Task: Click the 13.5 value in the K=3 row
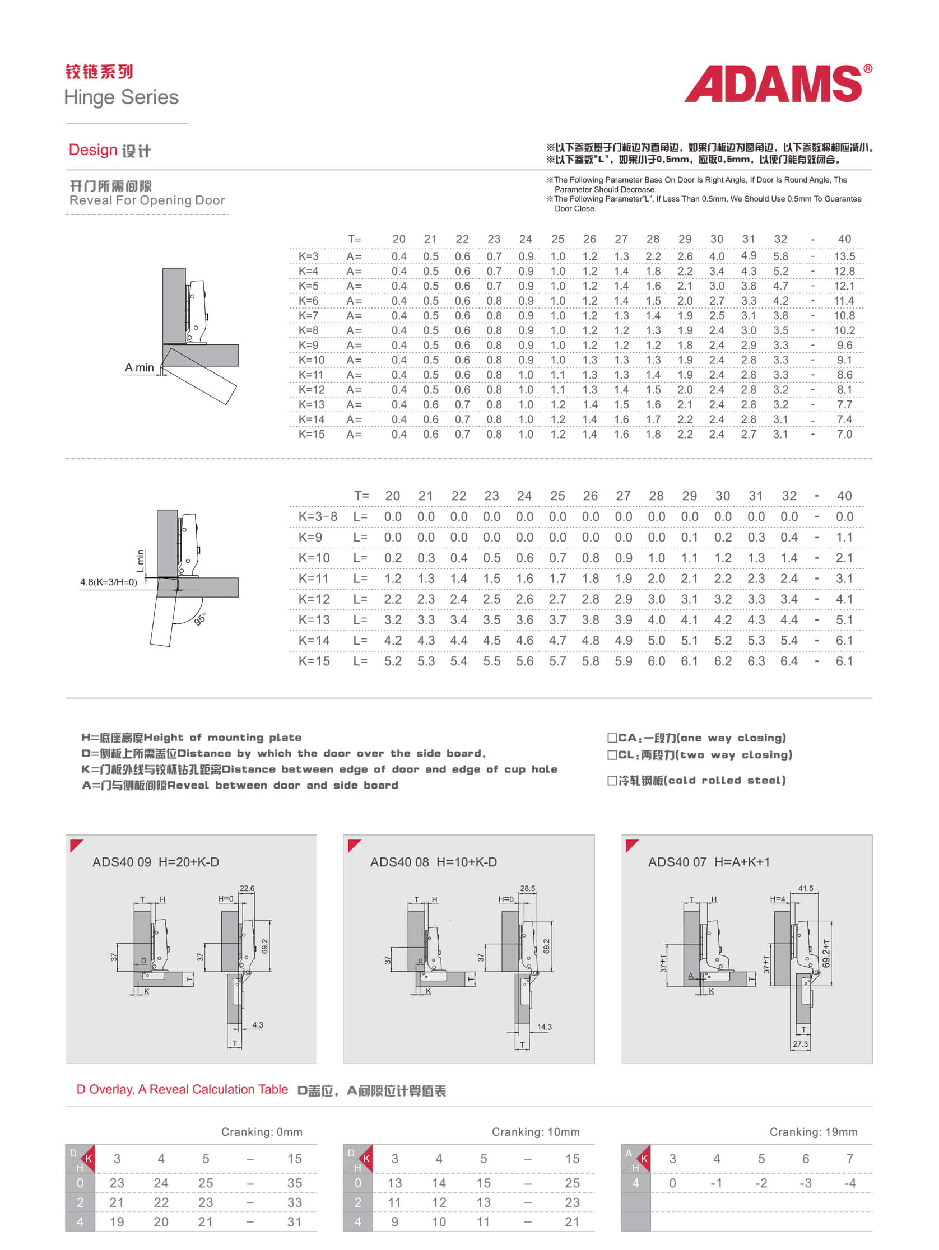844,256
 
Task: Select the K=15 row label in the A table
312,435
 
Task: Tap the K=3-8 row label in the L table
318,516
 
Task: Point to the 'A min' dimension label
139,368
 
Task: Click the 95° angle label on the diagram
200,619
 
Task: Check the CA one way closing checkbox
612,738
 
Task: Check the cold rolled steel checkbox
612,780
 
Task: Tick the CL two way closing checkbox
612,755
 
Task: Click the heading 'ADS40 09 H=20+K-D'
155,862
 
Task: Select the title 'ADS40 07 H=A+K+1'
708,862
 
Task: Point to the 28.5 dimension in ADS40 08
527,888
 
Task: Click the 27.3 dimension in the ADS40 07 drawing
800,1044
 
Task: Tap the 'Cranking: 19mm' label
813,1132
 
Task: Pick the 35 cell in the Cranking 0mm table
295,1183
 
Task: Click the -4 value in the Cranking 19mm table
849,1183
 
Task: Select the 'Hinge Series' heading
122,97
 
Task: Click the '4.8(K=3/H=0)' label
109,582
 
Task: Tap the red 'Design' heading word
92,150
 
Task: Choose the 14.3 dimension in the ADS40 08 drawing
544,1027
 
